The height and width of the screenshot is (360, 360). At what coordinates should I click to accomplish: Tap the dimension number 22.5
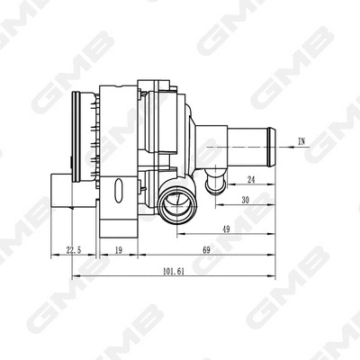click(75, 250)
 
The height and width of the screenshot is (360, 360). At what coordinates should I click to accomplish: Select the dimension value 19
click(119, 250)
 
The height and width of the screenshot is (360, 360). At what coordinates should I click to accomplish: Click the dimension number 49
click(224, 229)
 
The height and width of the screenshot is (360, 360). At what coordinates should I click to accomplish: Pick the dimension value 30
click(245, 201)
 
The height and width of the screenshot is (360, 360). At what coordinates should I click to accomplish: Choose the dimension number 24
click(251, 179)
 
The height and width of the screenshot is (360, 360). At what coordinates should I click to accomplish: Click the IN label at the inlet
click(301, 141)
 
